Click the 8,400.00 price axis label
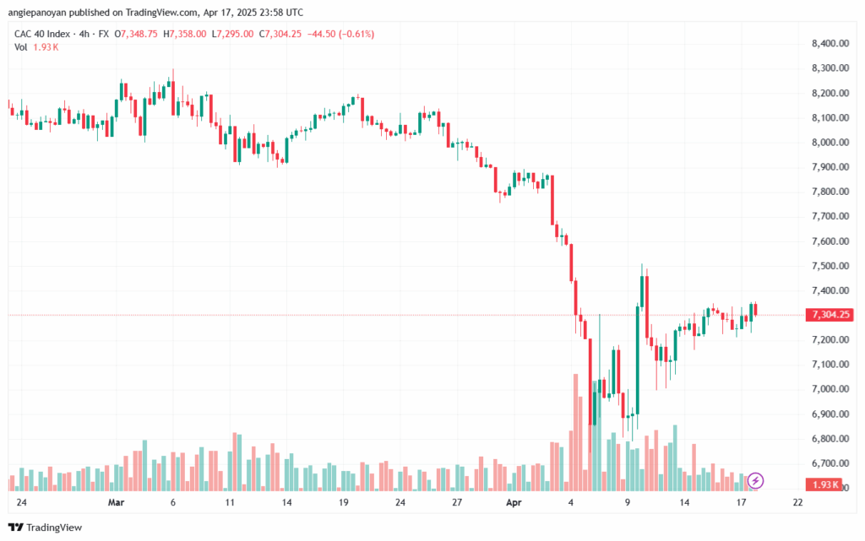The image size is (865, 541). coord(830,44)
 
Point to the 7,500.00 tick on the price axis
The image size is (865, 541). coord(830,266)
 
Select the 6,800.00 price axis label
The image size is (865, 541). coord(830,439)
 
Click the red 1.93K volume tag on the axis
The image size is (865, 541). coord(825,484)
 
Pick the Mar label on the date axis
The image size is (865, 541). coord(116,502)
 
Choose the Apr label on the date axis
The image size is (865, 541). coord(514,502)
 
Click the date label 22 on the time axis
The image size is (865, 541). coord(797,502)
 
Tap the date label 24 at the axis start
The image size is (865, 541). coord(21,502)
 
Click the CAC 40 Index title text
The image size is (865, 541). coord(42,34)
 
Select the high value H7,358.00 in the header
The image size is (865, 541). coord(185,34)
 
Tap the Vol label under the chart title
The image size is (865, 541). coord(20,47)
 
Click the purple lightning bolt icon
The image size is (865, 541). coord(755,481)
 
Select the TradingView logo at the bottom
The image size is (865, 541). coord(46,527)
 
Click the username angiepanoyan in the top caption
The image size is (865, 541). coord(36,13)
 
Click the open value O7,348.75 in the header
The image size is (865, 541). coord(136,34)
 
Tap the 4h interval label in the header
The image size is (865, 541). coord(84,34)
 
